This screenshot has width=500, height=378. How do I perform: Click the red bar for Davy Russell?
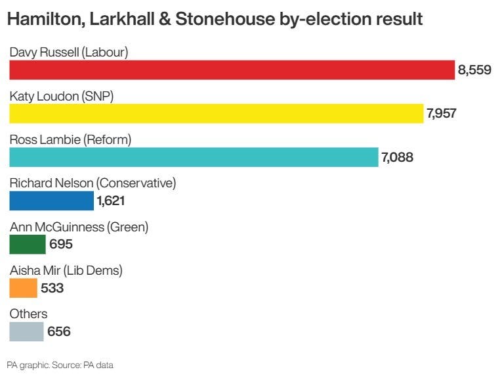coord(232,70)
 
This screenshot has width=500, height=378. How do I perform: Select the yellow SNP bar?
coord(216,114)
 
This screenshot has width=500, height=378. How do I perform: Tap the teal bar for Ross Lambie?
coord(194,157)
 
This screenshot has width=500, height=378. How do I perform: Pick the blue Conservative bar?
coord(51,201)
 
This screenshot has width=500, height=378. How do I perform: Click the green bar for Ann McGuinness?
coord(28,245)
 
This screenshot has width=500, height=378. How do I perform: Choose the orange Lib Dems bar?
coord(23,288)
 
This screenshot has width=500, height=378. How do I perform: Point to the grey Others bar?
coord(26,331)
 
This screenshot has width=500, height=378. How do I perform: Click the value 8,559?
coord(475,70)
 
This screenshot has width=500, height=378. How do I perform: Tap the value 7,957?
coord(441,114)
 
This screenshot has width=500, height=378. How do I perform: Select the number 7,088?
coord(397,157)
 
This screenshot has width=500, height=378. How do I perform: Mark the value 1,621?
coord(110,201)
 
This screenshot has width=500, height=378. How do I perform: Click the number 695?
coord(60,245)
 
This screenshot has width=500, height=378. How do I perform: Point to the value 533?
coord(52,288)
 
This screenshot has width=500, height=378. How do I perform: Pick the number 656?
coord(58,332)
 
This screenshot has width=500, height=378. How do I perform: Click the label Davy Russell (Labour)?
coord(68,53)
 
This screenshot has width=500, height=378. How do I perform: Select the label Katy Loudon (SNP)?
coord(62,96)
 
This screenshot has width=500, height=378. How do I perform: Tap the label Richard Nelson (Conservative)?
coord(93,183)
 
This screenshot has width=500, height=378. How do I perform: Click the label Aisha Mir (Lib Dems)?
coord(66,270)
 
